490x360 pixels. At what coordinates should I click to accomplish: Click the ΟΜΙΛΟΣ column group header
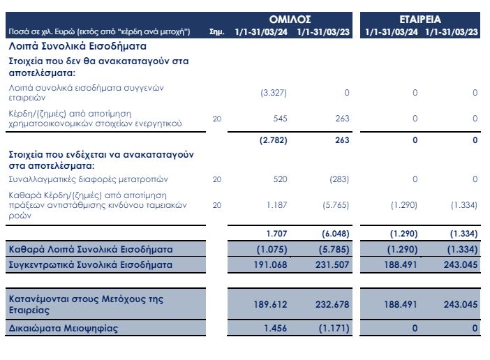[290, 20]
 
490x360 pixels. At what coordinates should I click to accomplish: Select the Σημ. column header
[216, 32]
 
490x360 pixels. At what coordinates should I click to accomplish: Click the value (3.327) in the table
[273, 93]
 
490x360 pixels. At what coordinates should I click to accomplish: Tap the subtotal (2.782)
[272, 140]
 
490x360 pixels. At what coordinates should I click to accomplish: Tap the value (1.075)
[272, 250]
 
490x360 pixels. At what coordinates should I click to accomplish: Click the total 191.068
[271, 265]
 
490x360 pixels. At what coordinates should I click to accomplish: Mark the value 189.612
[271, 304]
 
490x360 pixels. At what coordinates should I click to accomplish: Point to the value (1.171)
[334, 327]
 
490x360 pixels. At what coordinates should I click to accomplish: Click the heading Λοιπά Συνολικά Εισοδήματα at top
[77, 46]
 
